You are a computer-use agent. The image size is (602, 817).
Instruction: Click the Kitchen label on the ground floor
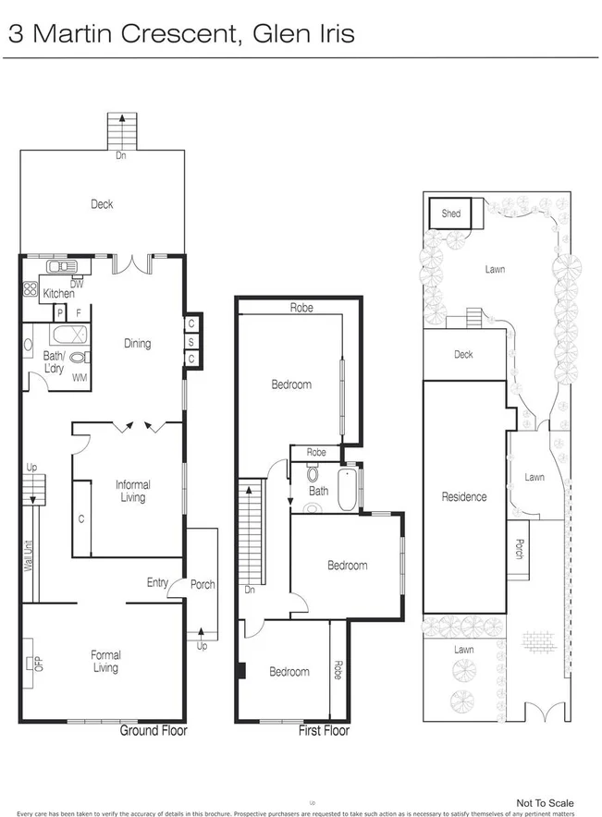(58, 294)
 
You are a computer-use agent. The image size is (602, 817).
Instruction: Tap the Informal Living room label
(132, 491)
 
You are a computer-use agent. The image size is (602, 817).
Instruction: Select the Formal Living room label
(105, 662)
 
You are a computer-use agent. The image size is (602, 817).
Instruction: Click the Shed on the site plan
(450, 214)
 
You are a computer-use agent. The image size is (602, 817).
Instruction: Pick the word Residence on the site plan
(463, 497)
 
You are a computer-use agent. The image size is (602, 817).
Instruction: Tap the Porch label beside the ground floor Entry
(203, 584)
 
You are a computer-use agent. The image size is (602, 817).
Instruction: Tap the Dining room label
(137, 344)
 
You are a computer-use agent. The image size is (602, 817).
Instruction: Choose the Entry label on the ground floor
(157, 582)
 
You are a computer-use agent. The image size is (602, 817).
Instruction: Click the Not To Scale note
(545, 803)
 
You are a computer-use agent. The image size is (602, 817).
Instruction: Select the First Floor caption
(324, 731)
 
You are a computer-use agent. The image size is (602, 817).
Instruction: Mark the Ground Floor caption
(154, 731)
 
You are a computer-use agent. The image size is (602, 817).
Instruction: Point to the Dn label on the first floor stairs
(249, 590)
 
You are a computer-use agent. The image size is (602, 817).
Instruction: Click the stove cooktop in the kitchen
(29, 288)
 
